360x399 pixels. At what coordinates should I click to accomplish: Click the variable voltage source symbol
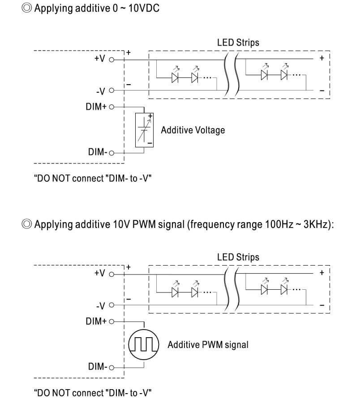pyautogui.click(x=144, y=130)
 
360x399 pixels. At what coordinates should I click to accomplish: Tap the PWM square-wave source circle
pyautogui.click(x=144, y=344)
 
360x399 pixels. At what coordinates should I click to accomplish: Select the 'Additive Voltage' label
pyautogui.click(x=193, y=130)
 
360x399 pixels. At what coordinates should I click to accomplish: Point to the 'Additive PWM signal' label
pyautogui.click(x=208, y=344)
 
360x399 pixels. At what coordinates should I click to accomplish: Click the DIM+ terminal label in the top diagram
pyautogui.click(x=95, y=107)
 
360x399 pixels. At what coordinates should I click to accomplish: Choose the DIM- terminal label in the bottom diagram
pyautogui.click(x=97, y=367)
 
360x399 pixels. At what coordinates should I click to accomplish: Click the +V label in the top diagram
pyautogui.click(x=99, y=59)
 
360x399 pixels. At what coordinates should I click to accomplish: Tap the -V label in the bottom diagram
pyautogui.click(x=100, y=306)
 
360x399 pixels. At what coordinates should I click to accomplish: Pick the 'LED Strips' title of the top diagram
pyautogui.click(x=238, y=43)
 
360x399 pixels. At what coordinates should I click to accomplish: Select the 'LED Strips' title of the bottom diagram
pyautogui.click(x=238, y=257)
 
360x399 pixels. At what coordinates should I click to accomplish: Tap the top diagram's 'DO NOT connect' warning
pyautogui.click(x=93, y=179)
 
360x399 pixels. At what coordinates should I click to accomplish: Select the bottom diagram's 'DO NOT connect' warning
pyautogui.click(x=93, y=393)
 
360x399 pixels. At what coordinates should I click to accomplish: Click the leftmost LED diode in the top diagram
pyautogui.click(x=175, y=77)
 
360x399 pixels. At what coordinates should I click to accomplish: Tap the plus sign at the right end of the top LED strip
pyautogui.click(x=321, y=58)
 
